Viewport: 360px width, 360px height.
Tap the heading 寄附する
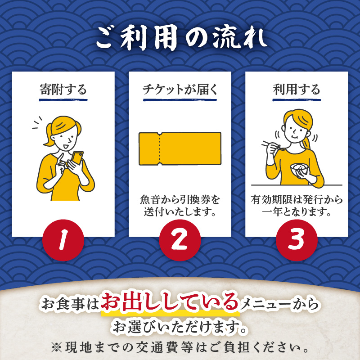pos(63,89)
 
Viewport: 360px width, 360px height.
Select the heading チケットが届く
pos(180,89)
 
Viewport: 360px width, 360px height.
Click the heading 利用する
pos(297,89)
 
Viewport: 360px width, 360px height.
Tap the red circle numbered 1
pos(63,240)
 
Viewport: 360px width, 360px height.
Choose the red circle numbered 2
pos(180,240)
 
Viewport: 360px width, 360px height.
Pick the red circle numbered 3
pos(297,240)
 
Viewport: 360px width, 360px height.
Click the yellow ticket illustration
pos(180,148)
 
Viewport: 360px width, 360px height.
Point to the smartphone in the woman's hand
pos(77,158)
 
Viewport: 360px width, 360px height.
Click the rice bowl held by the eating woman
pos(298,169)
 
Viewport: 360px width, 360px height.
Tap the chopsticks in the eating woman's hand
pos(273,146)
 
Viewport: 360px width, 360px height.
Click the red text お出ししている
pos(170,301)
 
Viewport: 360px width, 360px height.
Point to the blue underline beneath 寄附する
pos(63,100)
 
